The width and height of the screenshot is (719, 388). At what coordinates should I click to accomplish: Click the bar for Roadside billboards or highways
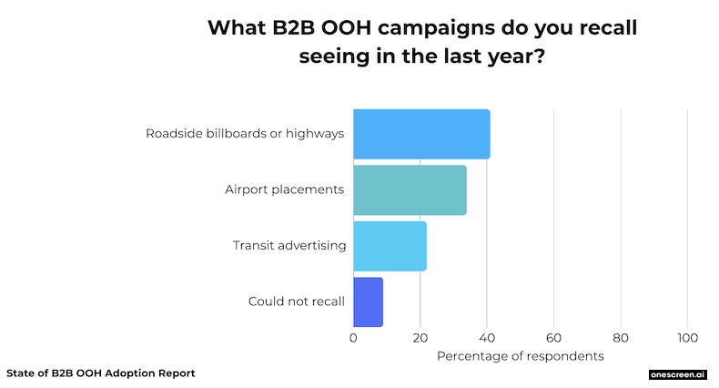pyautogui.click(x=421, y=134)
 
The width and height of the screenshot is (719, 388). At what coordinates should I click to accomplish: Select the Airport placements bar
pyautogui.click(x=410, y=189)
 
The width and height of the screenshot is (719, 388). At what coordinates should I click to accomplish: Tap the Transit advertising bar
pyautogui.click(x=390, y=246)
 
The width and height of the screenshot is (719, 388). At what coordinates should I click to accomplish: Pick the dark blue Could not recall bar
pyautogui.click(x=368, y=301)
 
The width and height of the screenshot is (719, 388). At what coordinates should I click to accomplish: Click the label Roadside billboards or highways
pyautogui.click(x=245, y=134)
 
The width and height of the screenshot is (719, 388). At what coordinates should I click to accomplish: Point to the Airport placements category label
pyautogui.click(x=284, y=189)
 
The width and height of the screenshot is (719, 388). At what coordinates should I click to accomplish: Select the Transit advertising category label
pyautogui.click(x=289, y=245)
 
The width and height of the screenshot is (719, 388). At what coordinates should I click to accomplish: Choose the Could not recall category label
pyautogui.click(x=296, y=301)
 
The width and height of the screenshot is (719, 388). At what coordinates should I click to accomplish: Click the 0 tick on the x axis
pyautogui.click(x=353, y=337)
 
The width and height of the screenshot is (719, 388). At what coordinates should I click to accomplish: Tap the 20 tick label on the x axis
pyautogui.click(x=420, y=337)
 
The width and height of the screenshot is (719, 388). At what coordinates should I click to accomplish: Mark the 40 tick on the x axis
pyautogui.click(x=487, y=337)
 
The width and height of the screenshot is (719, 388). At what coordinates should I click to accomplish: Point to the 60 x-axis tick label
pyautogui.click(x=553, y=337)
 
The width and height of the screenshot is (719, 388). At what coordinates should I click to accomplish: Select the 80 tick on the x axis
pyautogui.click(x=621, y=337)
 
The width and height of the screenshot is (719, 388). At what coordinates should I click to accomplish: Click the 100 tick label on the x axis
pyautogui.click(x=687, y=337)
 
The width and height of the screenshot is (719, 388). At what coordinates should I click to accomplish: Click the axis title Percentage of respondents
pyautogui.click(x=520, y=356)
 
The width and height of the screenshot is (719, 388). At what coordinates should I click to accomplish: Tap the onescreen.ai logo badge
pyautogui.click(x=677, y=374)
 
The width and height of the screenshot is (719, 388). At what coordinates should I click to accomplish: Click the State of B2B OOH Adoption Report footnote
pyautogui.click(x=100, y=373)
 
